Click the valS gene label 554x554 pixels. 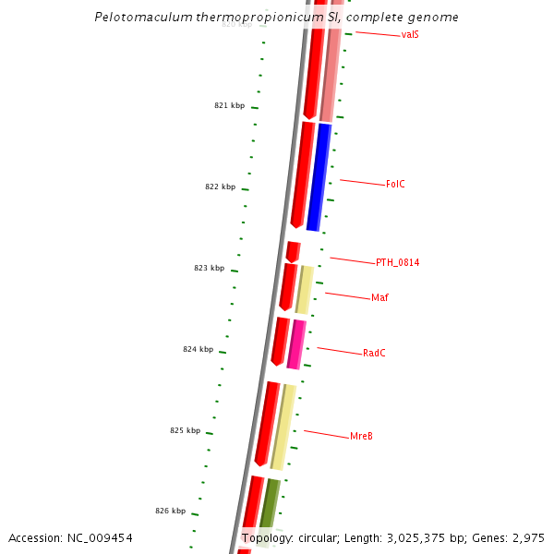point(411,35)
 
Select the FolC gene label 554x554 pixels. point(395,185)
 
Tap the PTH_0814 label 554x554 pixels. point(397,262)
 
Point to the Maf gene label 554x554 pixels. point(379,297)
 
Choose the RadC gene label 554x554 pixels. point(374,353)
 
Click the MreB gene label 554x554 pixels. point(361,436)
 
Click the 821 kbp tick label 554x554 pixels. point(229,106)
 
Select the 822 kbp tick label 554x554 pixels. point(220,187)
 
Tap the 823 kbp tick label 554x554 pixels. point(209,268)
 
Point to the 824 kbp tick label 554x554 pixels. point(198,349)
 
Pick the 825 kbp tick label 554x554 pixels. point(185,430)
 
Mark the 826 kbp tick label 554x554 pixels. point(170,511)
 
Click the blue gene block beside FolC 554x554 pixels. point(319,177)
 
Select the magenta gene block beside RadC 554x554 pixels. point(296,343)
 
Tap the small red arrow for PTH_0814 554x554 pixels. point(293,251)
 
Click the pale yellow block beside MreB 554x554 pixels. point(283,427)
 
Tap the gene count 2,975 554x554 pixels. point(526,537)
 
